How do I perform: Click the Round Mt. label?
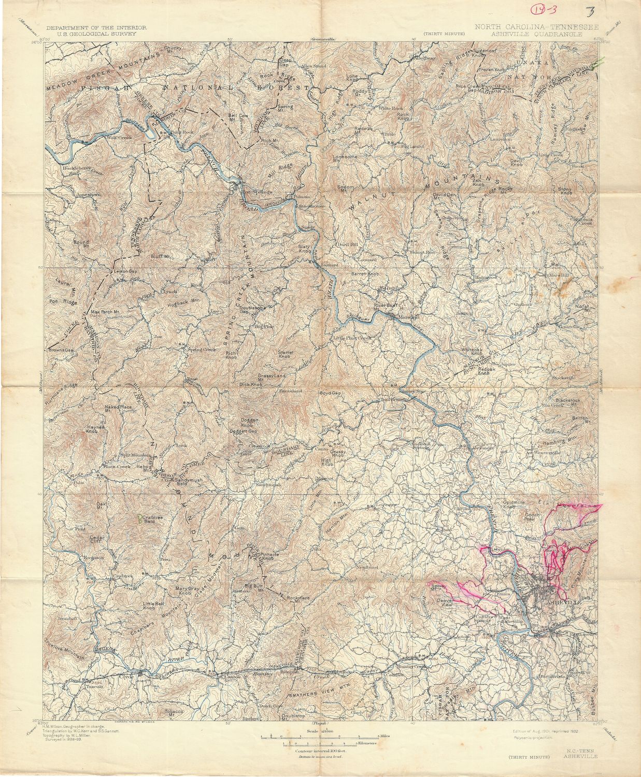(81, 243)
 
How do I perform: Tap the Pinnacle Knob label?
(269, 556)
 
